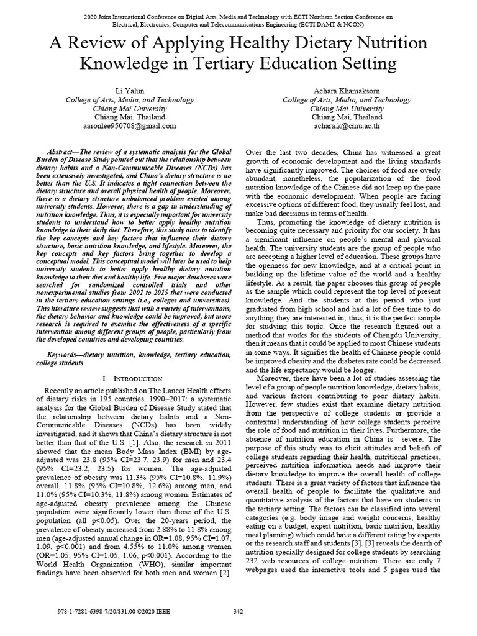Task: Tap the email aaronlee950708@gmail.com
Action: [129, 125]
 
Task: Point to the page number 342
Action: [238, 612]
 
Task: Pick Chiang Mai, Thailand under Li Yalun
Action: [129, 116]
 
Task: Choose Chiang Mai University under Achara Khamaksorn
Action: [346, 108]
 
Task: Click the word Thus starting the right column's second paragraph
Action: [265, 222]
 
